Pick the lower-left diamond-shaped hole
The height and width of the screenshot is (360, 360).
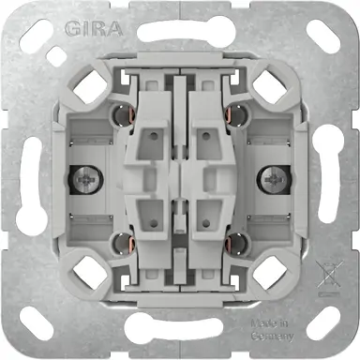point(92,269)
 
